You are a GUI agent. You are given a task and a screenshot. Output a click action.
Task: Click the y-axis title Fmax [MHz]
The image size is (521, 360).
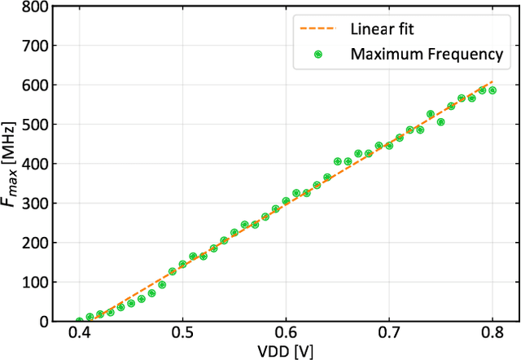tap(11, 163)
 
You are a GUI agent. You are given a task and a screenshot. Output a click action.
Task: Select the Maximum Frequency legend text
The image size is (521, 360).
tap(427, 54)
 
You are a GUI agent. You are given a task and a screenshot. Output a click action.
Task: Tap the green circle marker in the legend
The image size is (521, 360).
tap(318, 54)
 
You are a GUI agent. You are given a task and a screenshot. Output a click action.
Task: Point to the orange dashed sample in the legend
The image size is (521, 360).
tap(318, 29)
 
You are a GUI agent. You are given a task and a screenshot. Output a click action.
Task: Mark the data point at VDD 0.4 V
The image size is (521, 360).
tap(79, 321)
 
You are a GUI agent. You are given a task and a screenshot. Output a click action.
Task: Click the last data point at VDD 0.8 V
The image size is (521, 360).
tap(493, 90)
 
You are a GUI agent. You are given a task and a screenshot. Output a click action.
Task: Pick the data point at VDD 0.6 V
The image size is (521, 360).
tap(286, 201)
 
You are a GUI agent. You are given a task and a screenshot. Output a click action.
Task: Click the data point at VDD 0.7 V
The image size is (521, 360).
tap(389, 146)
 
